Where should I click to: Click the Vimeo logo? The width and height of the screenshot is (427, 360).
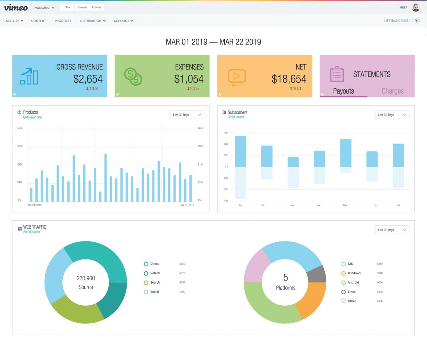click(16, 7)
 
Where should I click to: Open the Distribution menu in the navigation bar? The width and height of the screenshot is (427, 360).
click(93, 21)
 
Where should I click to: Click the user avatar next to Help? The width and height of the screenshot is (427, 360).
click(415, 7)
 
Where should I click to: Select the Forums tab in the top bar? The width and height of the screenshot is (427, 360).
click(97, 7)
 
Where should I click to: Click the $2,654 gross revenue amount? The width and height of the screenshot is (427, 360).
click(88, 79)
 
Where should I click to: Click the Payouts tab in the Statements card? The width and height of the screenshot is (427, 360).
click(343, 91)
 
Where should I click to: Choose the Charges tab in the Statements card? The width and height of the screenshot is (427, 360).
click(392, 91)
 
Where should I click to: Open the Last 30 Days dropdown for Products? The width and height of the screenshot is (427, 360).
click(187, 115)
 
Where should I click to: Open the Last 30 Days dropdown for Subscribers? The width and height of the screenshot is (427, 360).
click(392, 115)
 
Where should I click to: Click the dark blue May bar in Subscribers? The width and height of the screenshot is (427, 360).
click(346, 153)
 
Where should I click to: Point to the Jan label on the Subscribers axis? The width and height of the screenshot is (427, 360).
click(240, 205)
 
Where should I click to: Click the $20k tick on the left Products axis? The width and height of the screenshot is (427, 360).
click(20, 146)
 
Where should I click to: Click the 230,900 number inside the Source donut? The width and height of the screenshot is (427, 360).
click(86, 278)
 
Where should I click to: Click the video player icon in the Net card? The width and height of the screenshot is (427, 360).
click(236, 77)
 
